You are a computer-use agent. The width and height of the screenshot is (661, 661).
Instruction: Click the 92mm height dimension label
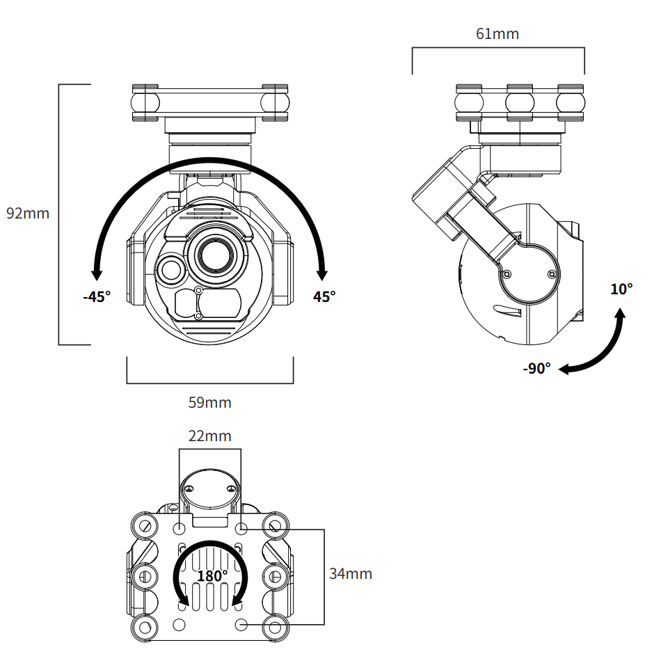coord(28,214)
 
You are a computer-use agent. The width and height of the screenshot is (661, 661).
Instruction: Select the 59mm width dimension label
coord(209,403)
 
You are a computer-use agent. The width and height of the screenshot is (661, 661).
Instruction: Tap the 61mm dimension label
coord(497,34)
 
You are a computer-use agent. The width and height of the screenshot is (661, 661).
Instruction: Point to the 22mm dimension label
coord(209,436)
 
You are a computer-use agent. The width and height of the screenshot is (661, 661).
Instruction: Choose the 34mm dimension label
coord(351,574)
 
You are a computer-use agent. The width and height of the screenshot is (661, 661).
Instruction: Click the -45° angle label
coord(97,297)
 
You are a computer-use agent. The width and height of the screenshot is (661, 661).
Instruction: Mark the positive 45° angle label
coord(324,297)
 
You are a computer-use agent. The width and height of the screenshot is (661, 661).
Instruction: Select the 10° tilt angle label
coord(621,289)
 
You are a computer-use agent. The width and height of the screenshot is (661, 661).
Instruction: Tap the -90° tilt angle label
coord(536,369)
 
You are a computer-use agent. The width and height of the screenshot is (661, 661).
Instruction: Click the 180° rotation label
coord(212,576)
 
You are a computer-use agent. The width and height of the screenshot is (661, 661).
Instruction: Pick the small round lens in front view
coord(170,269)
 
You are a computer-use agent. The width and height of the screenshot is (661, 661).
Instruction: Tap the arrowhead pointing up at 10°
coord(619,315)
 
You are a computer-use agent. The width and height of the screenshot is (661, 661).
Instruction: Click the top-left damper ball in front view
coord(145,102)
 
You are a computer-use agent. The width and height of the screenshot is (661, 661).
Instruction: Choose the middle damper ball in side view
coord(520,102)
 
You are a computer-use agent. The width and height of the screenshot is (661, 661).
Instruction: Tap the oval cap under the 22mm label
coord(209,489)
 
